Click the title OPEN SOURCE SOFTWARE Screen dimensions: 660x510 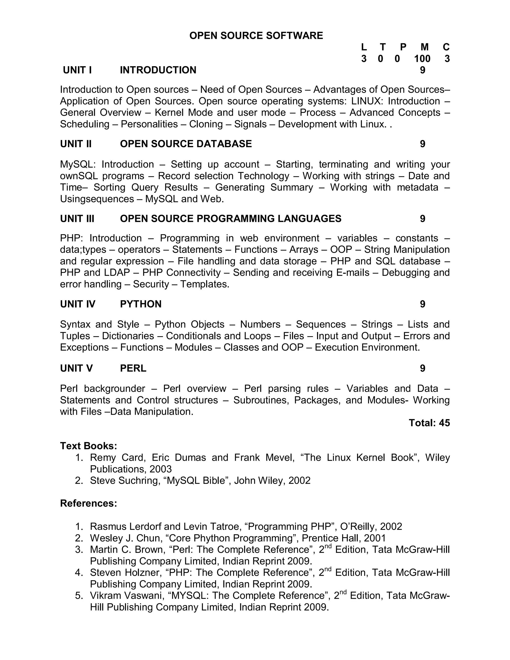coord(256,36)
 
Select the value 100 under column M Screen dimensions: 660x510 coord(422,59)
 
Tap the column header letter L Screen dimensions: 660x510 coord(364,47)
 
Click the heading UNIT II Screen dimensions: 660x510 coord(76,144)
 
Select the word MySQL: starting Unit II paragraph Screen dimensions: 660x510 coord(78,164)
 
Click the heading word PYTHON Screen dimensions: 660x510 coord(141,304)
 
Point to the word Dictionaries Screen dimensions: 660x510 coord(128,336)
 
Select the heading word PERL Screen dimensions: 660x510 coord(133,368)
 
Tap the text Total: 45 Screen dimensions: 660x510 coord(429,423)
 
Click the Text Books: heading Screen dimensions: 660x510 coord(88,446)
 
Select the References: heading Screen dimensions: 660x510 coord(88,503)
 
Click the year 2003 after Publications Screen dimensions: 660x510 coord(160,469)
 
